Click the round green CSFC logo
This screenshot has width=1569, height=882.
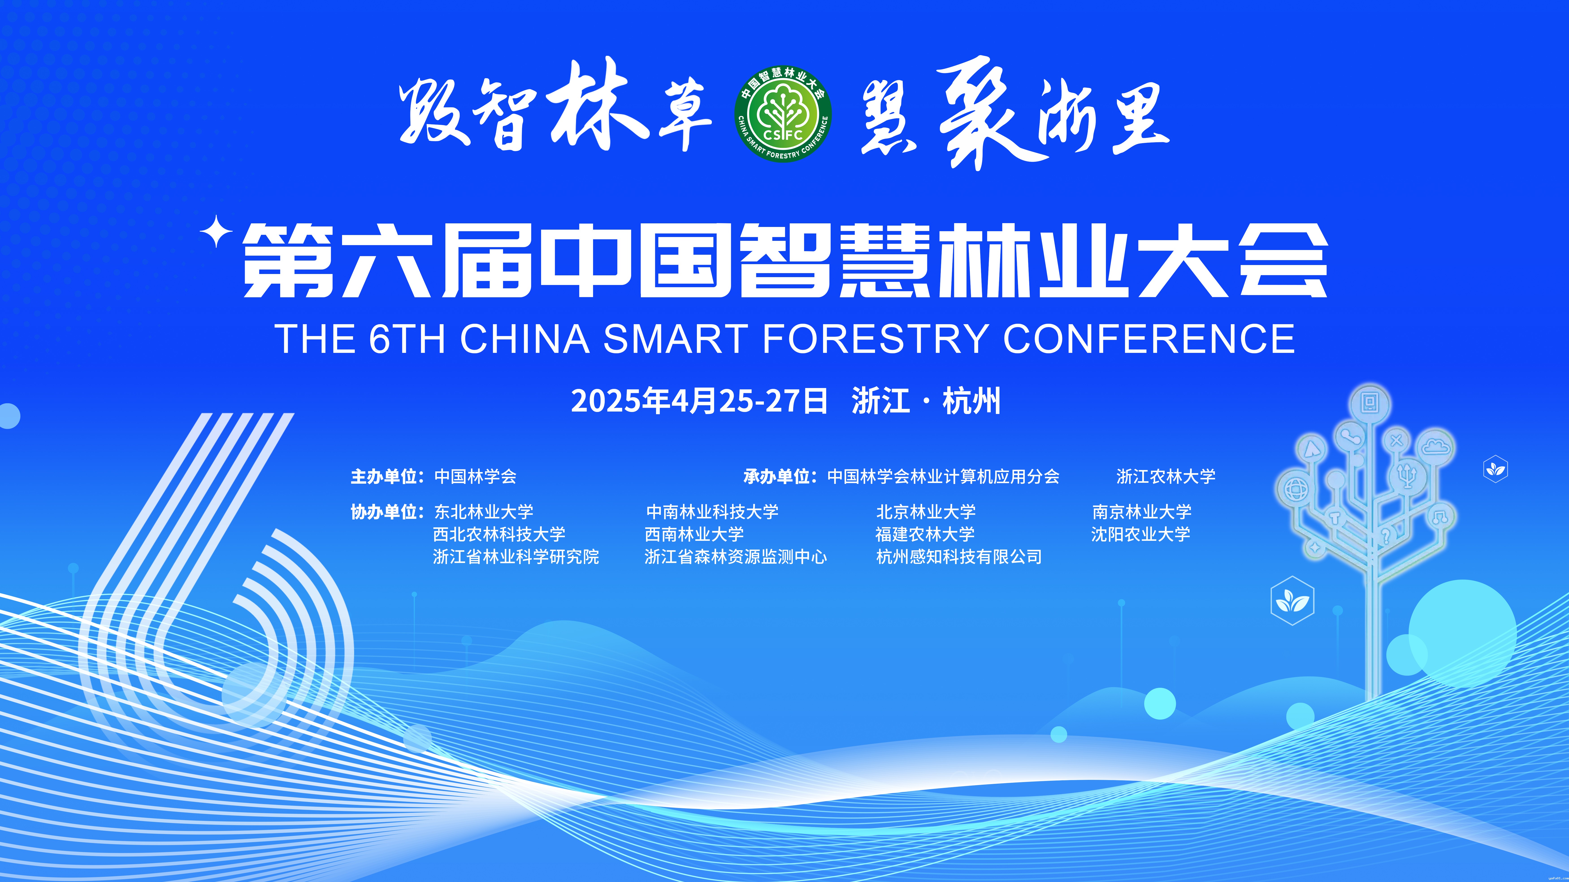tap(783, 114)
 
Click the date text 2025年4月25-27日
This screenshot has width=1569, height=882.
tap(699, 401)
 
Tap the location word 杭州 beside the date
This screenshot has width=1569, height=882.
tap(971, 401)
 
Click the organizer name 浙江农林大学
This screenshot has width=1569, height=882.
tap(1166, 476)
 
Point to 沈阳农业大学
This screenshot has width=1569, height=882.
tap(1141, 534)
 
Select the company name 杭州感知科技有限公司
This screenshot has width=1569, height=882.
tap(959, 556)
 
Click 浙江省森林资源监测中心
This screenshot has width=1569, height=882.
tap(736, 556)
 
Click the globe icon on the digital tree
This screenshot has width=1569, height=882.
tap(1296, 490)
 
